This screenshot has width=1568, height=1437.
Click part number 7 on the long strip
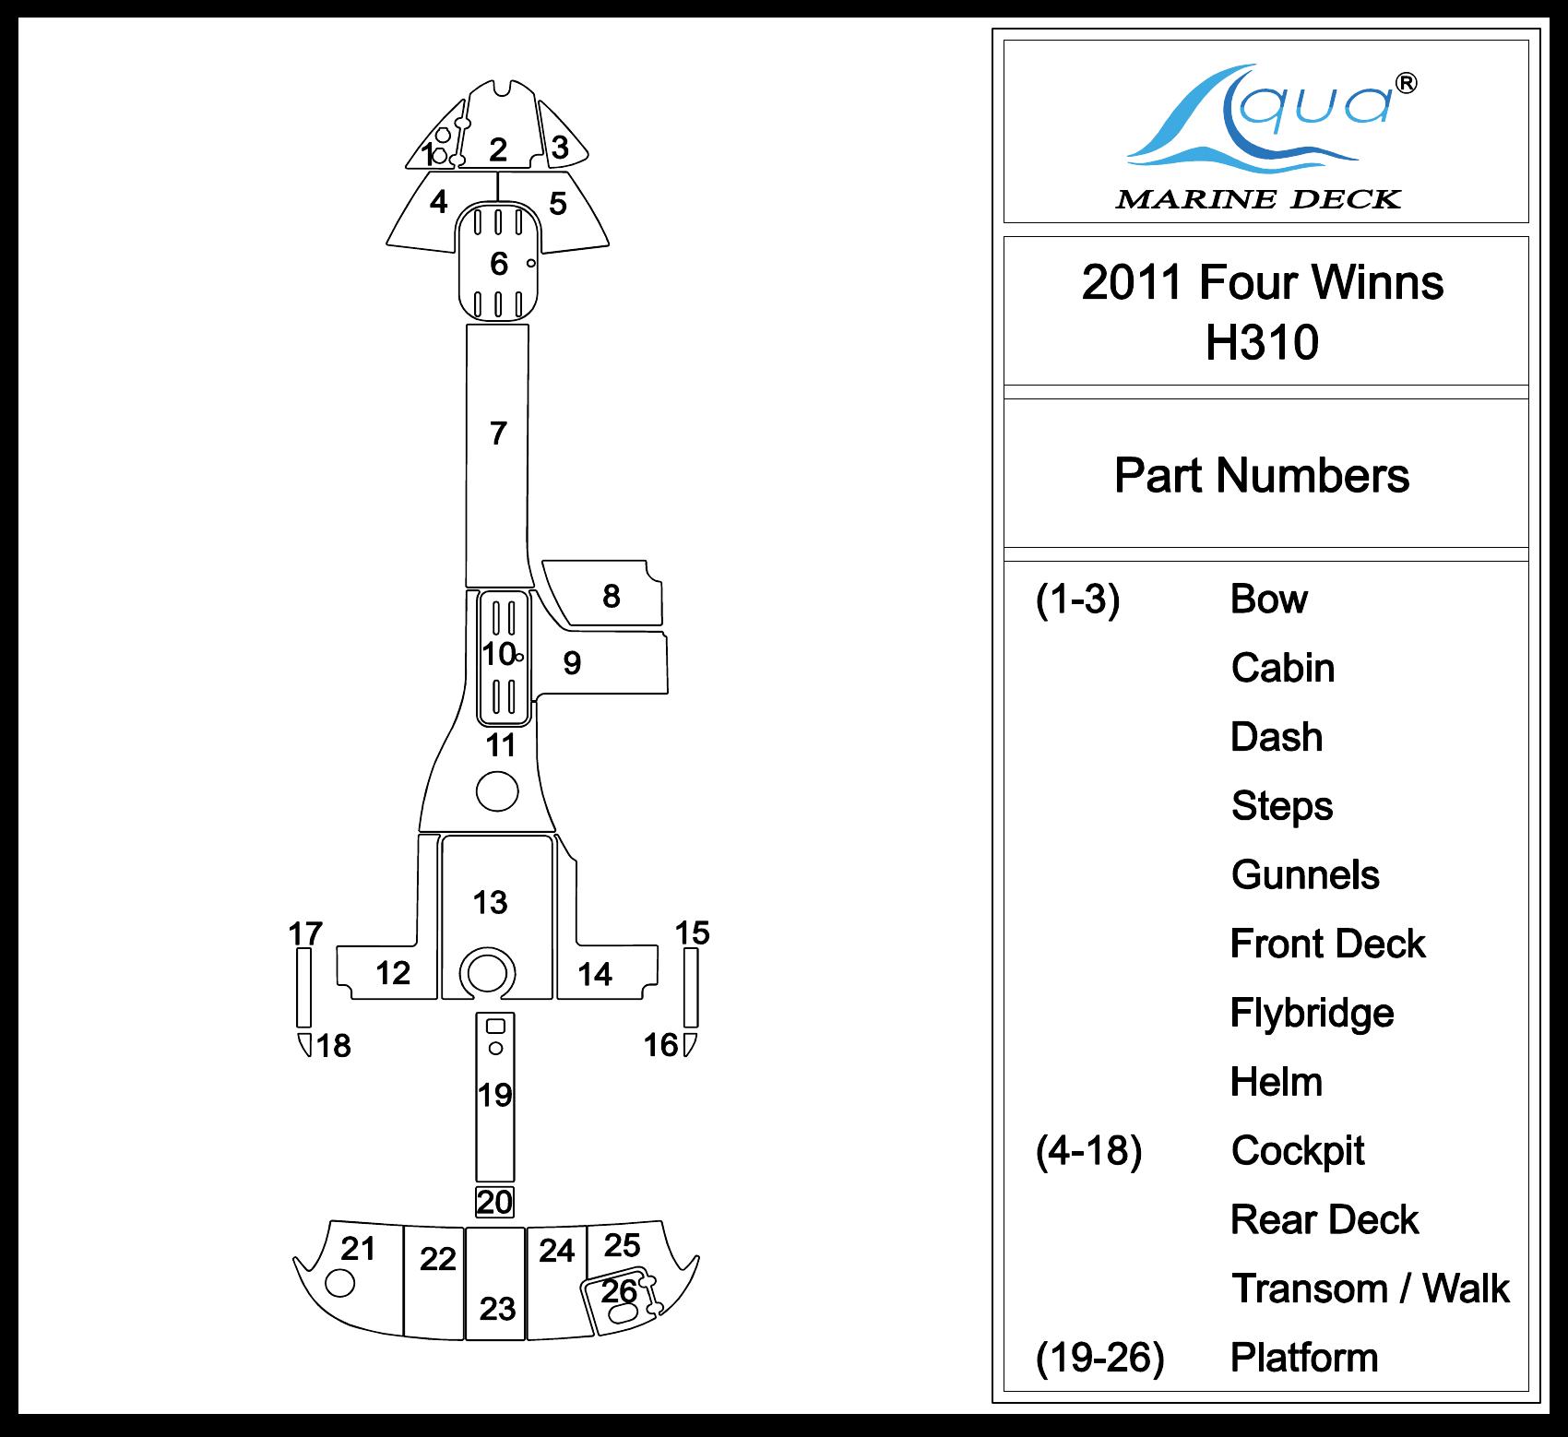click(498, 433)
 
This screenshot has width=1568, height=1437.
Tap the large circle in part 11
click(497, 791)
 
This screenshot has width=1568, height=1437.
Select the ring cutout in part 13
click(487, 972)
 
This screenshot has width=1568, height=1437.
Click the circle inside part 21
click(340, 1283)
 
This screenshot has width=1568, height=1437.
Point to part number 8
click(611, 597)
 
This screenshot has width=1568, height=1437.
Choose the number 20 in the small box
click(494, 1202)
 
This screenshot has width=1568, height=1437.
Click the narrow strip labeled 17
click(303, 987)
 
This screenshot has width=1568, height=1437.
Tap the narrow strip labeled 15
click(691, 987)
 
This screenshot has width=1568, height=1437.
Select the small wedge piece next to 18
click(303, 1045)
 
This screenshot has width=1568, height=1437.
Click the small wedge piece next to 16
click(688, 1045)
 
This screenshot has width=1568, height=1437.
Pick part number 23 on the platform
click(497, 1308)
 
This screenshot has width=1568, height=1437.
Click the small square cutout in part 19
click(495, 1026)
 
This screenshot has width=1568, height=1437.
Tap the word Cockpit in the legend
click(1297, 1150)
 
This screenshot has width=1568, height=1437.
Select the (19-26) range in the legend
click(1099, 1357)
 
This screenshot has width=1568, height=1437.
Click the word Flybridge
click(1311, 1013)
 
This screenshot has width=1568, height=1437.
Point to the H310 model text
click(1262, 342)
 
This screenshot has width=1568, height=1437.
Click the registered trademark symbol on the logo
click(1406, 84)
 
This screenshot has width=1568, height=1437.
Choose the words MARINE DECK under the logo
click(1258, 199)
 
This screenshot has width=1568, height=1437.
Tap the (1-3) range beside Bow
click(1077, 600)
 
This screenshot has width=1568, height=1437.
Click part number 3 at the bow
click(559, 148)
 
